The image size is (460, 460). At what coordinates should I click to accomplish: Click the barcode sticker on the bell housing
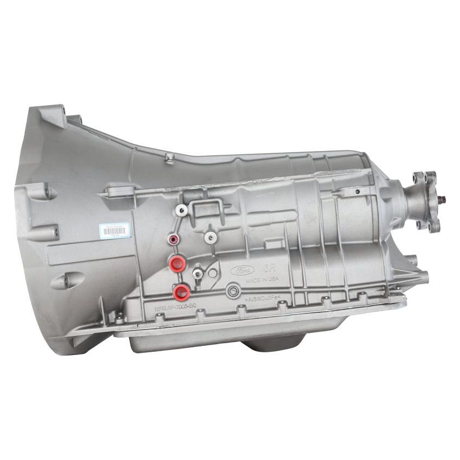click(115, 230)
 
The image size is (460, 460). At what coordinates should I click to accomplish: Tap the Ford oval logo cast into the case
click(242, 270)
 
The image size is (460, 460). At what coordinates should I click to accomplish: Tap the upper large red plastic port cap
click(176, 264)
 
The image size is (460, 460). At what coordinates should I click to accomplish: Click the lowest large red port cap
click(181, 292)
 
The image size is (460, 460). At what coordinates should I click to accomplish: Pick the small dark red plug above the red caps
click(173, 240)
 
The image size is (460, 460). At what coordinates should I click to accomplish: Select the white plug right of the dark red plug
click(209, 236)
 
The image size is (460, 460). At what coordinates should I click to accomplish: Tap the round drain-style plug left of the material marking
click(233, 292)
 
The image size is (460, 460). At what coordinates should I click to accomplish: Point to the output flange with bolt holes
click(425, 200)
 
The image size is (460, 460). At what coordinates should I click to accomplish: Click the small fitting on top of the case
click(170, 157)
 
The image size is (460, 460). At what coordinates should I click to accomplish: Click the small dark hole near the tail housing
click(357, 192)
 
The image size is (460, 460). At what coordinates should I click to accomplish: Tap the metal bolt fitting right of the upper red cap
click(199, 274)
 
